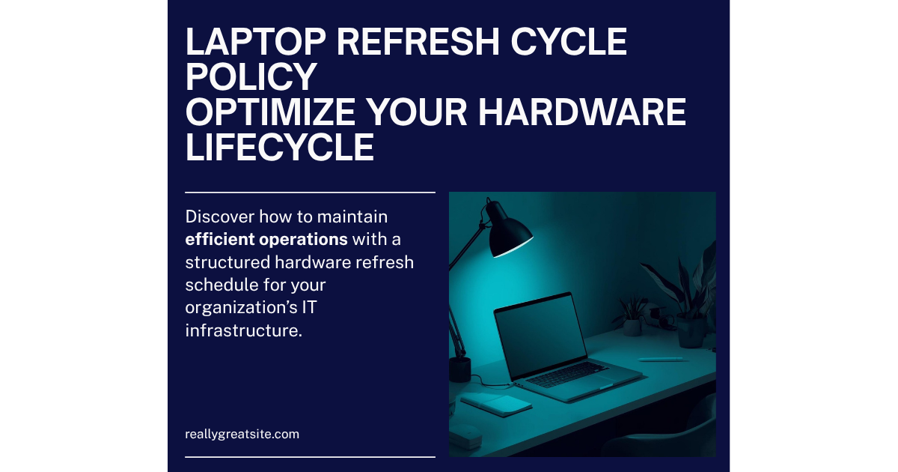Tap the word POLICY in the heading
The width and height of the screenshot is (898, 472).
tap(251, 78)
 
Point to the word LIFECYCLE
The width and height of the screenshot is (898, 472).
tap(279, 148)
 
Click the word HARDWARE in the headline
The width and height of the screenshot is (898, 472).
tap(581, 113)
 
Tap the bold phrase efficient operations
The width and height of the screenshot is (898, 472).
tap(266, 240)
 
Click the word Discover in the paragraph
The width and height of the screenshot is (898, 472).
tap(220, 217)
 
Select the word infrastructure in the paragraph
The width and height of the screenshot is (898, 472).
tap(243, 330)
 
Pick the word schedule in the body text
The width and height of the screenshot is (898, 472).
tap(218, 285)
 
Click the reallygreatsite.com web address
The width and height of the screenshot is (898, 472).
tap(242, 434)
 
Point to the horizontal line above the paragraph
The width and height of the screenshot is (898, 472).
tap(310, 193)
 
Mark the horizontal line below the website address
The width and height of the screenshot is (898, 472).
tap(310, 456)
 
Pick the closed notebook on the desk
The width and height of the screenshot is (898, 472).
tap(496, 405)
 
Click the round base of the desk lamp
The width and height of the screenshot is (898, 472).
tap(459, 369)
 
